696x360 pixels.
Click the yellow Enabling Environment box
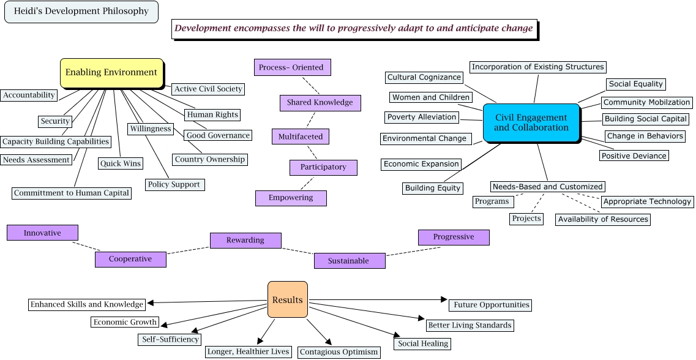tap(111, 73)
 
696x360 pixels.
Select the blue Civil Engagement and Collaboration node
tap(531, 123)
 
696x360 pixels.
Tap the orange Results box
tap(287, 300)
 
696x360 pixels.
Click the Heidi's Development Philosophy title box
tap(81, 12)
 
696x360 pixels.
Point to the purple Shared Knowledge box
tap(320, 103)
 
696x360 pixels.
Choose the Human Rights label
tap(212, 114)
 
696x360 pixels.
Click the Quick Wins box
tap(121, 163)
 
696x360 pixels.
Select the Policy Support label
tap(174, 184)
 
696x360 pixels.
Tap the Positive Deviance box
tap(634, 156)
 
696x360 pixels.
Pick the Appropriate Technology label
tap(647, 201)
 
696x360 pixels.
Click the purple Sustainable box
tap(349, 261)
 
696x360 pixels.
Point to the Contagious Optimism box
tap(339, 352)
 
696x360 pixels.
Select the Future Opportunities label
tap(490, 305)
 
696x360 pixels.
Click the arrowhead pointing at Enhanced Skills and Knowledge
tap(150, 302)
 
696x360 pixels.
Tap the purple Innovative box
tap(42, 233)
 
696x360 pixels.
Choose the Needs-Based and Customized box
tap(548, 187)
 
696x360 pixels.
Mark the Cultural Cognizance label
tap(424, 78)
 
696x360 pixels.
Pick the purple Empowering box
tap(290, 198)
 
